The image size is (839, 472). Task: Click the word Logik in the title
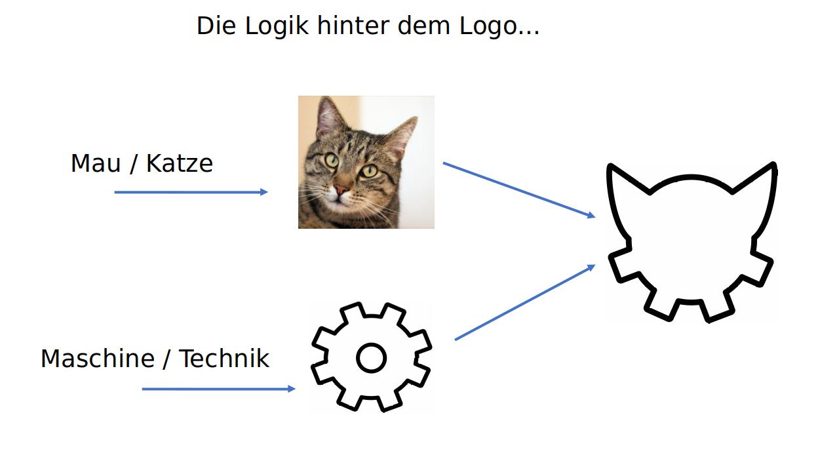277,26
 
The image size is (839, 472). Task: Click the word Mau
96,163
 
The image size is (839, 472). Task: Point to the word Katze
180,163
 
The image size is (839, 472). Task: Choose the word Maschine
98,359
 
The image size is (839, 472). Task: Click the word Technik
224,359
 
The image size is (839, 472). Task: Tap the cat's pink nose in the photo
341,189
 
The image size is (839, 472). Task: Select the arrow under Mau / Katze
191,192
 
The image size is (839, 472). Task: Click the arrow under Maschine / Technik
219,389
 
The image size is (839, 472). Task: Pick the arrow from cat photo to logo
519,190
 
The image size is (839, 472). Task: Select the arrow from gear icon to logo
525,302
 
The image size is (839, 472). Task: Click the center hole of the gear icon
371,358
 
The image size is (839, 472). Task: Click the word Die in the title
216,26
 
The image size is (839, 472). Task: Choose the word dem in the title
423,26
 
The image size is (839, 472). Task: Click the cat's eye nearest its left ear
332,161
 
